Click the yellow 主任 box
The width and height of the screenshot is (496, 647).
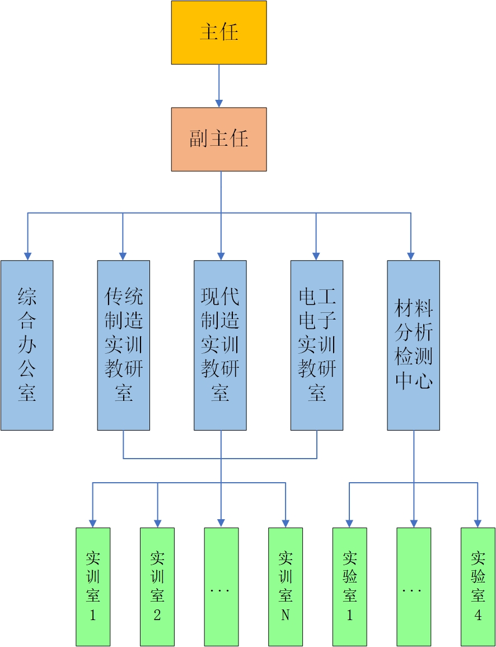tap(219, 33)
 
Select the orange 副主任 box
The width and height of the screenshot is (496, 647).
tap(219, 139)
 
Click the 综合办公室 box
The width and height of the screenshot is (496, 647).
tap(27, 345)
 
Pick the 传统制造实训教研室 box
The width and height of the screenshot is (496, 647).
tap(123, 345)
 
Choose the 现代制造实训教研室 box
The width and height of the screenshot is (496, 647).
tap(220, 345)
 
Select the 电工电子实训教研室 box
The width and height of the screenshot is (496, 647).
tap(317, 345)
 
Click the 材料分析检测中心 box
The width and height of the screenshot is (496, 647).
tap(413, 345)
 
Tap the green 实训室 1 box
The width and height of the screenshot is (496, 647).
tap(93, 586)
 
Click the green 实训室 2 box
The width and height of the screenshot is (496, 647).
tap(157, 586)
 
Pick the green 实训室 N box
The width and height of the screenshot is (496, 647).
tap(286, 586)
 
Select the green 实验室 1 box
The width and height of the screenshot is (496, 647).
tap(350, 586)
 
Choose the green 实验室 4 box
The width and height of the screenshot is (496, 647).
tap(478, 586)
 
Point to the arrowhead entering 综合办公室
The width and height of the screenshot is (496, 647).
tap(27, 256)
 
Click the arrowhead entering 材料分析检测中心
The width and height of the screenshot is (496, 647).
tap(411, 256)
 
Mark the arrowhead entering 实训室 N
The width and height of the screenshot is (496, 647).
tap(286, 523)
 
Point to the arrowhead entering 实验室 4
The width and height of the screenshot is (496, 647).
tap(478, 523)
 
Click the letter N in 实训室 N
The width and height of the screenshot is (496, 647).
tap(286, 615)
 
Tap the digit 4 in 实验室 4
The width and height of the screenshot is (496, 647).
tap(478, 615)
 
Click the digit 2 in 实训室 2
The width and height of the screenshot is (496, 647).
tap(157, 615)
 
